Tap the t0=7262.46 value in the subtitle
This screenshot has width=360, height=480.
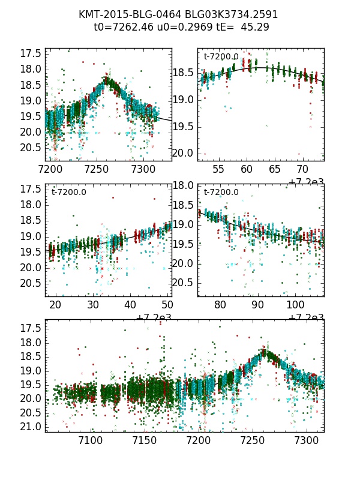coord(122,27)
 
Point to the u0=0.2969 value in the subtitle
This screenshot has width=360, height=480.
coord(176,27)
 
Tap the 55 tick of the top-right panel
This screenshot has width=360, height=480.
coord(218,170)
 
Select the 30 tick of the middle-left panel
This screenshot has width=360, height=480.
coord(93,305)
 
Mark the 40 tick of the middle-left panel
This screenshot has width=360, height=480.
coord(131,305)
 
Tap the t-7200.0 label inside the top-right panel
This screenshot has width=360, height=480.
coord(221,57)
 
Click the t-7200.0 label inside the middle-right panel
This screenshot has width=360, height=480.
coord(221,193)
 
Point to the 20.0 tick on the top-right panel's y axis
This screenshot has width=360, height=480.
coord(183,153)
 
